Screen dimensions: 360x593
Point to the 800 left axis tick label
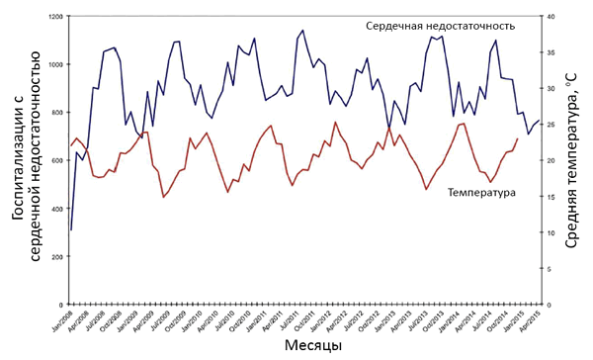(55, 113)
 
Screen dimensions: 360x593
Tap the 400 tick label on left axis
(55, 209)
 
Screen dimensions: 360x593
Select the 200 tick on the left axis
(55, 256)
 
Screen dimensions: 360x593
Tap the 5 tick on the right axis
(550, 268)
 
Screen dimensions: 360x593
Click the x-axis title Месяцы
(313, 346)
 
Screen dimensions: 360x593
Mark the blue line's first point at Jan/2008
(71, 229)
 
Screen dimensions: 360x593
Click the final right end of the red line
(517, 138)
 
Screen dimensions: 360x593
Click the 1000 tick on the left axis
(53, 65)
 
